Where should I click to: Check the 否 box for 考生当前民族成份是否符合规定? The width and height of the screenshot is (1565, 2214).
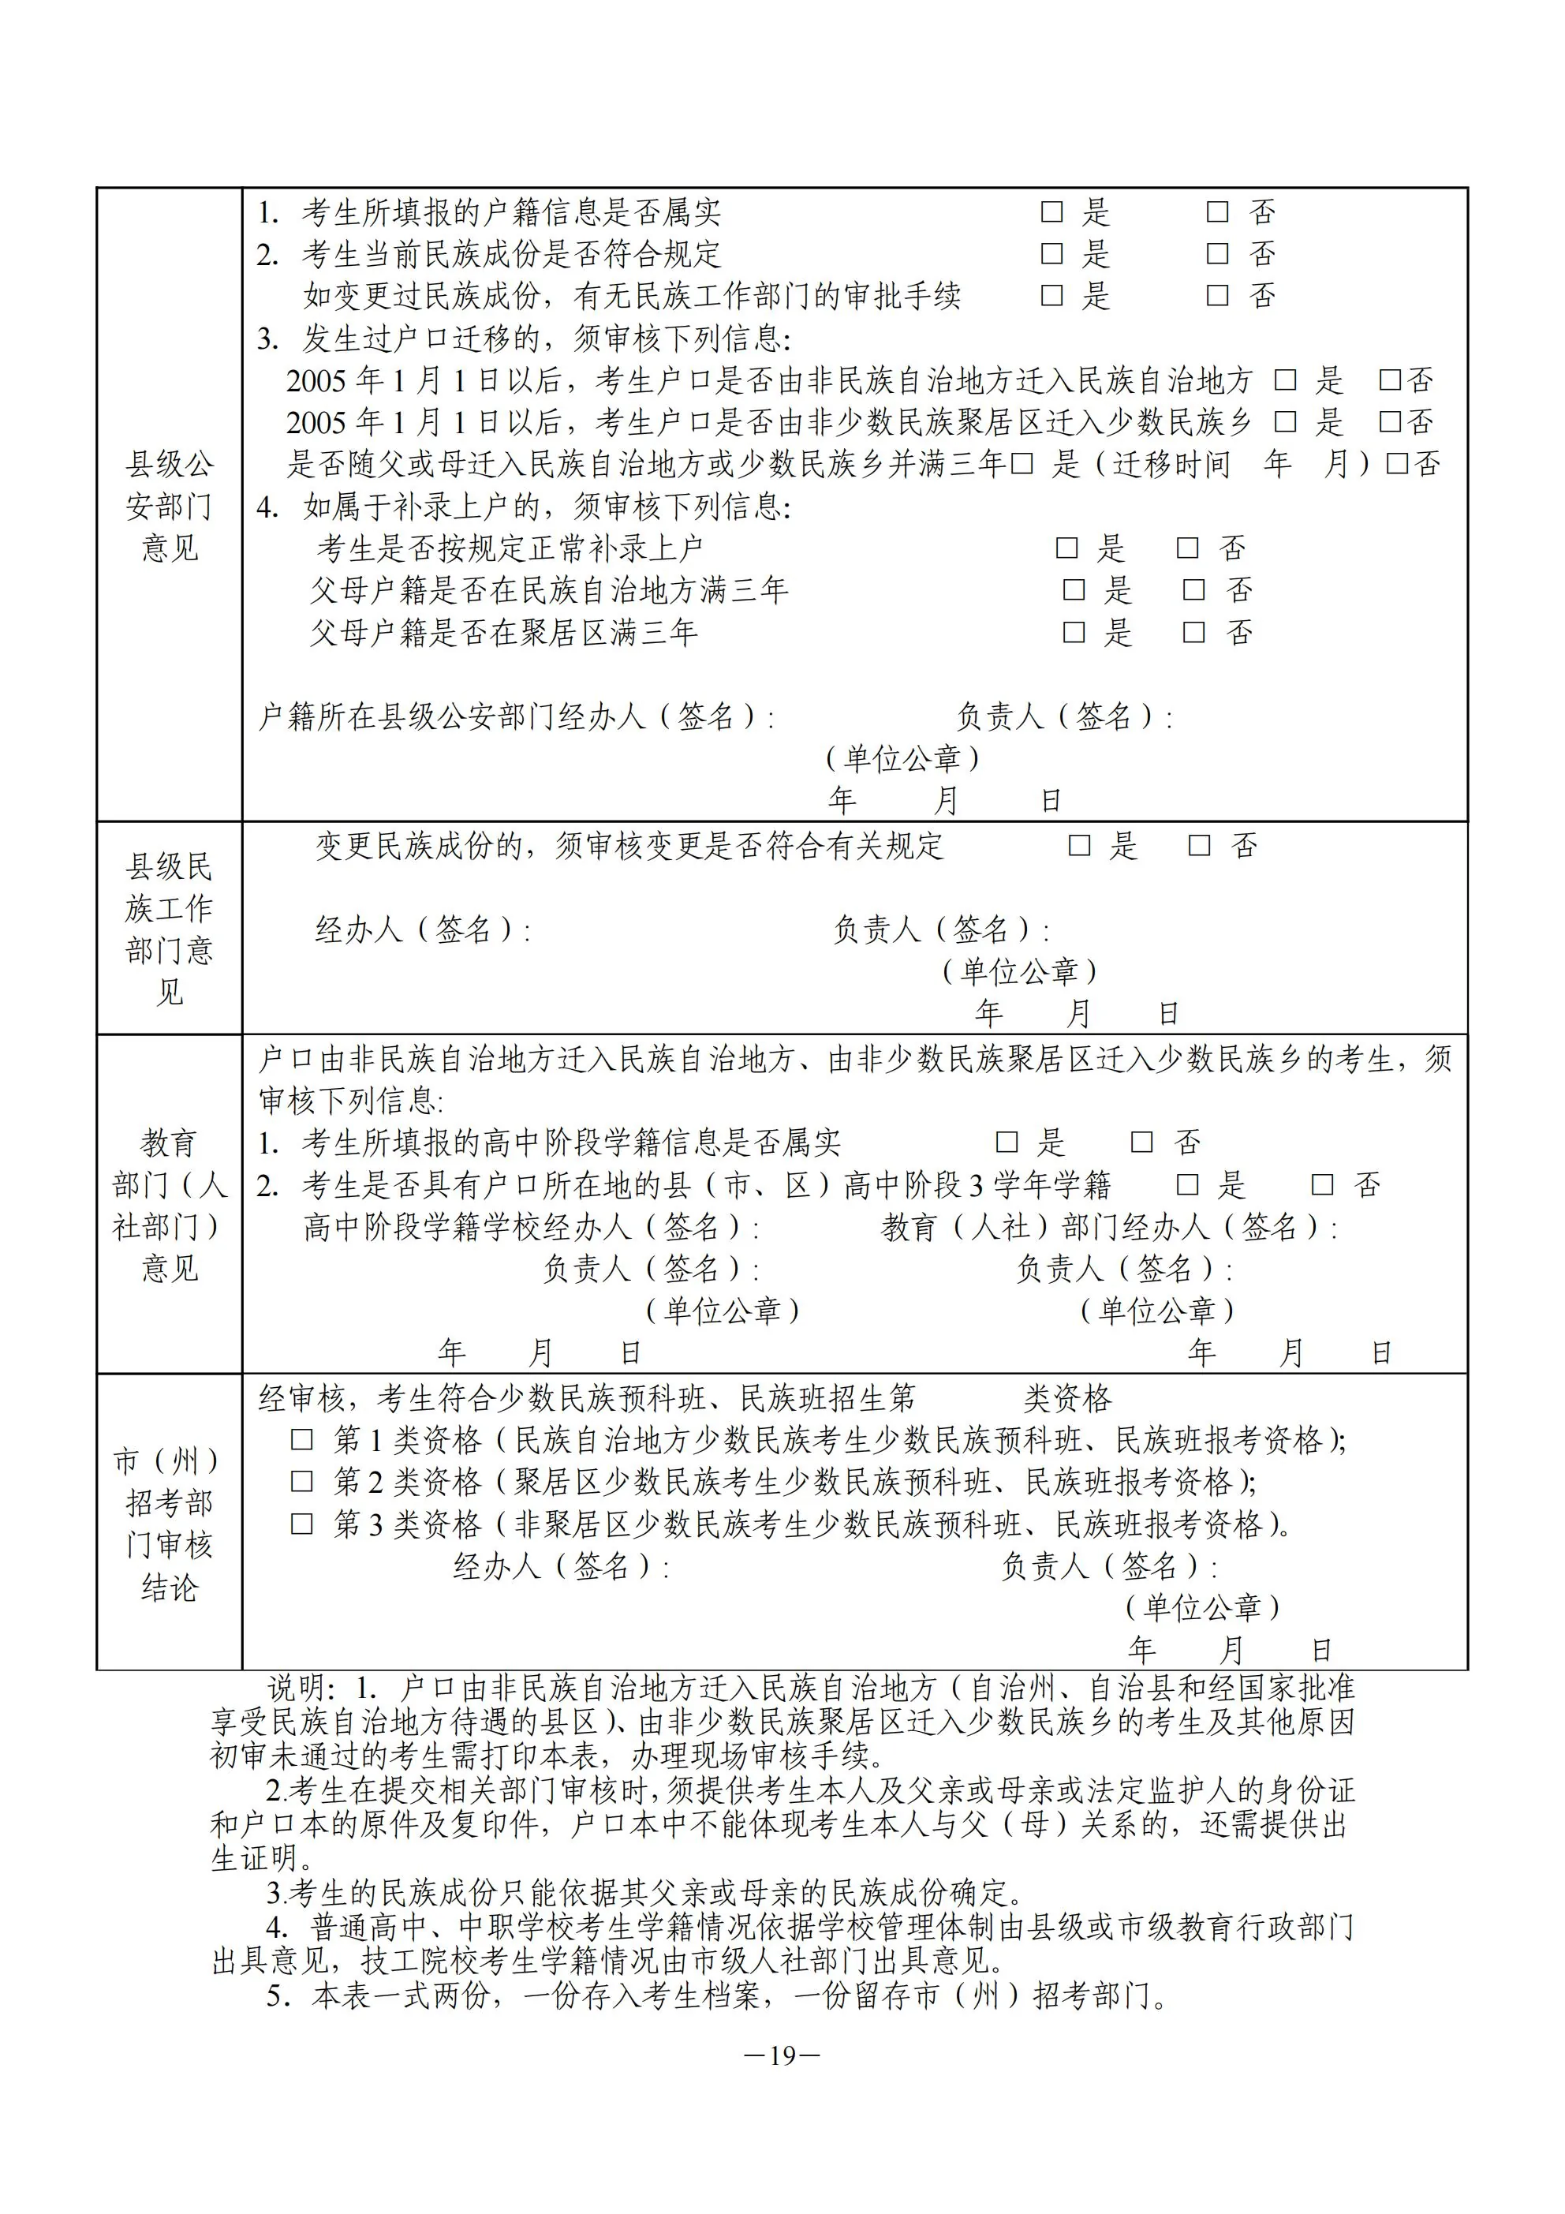1218,253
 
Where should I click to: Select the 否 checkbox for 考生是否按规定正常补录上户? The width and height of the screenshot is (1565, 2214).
1187,548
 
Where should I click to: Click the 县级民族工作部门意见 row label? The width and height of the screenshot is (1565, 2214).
169,928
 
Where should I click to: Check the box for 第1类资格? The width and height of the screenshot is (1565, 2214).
302,1441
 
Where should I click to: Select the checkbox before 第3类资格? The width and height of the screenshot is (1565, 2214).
302,1524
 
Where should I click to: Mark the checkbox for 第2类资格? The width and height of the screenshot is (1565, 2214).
302,1482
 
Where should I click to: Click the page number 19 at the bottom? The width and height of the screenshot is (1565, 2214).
782,2056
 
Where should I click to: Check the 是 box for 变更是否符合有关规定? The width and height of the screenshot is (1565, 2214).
1079,846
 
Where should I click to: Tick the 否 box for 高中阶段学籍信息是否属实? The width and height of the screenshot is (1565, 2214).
1141,1143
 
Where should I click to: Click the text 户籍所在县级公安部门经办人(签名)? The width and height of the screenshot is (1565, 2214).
515,716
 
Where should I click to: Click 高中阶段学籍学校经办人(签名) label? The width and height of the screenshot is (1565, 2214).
530,1227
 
